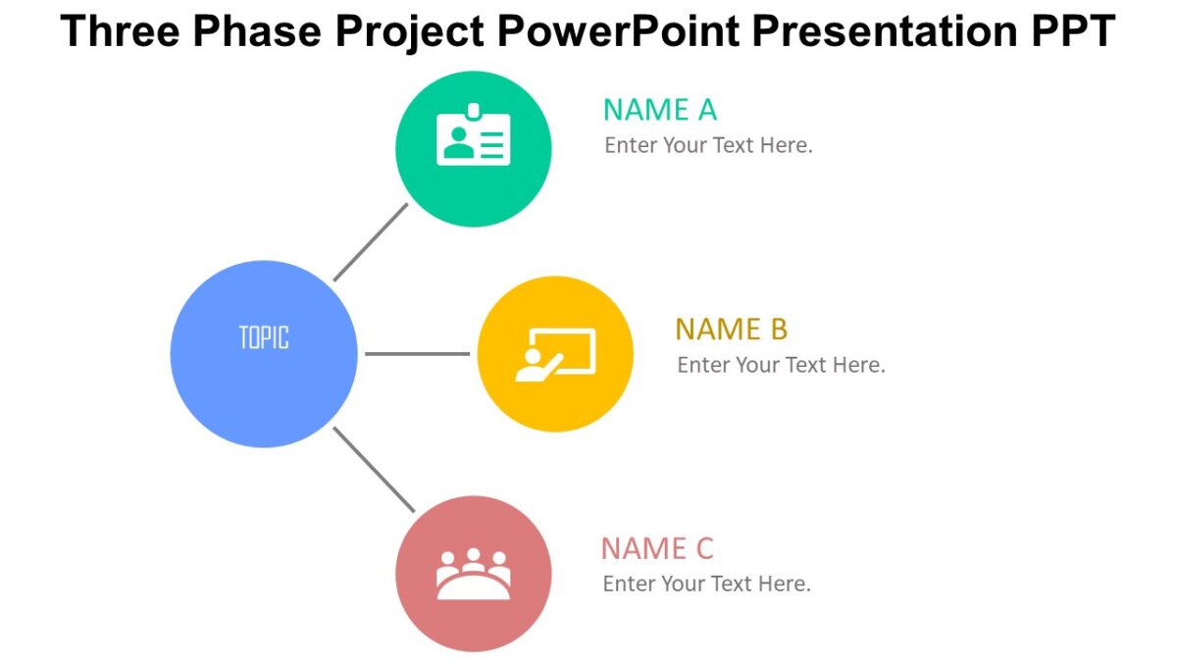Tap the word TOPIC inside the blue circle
(x=264, y=338)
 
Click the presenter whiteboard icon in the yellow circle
(x=555, y=354)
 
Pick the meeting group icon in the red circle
(x=473, y=575)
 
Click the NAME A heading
(x=659, y=110)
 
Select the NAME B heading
(x=731, y=330)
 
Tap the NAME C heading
(x=657, y=548)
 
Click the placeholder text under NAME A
(x=708, y=146)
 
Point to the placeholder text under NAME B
(x=781, y=365)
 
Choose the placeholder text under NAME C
(x=706, y=585)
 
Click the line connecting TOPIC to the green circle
(x=370, y=242)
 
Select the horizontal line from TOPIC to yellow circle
(x=417, y=354)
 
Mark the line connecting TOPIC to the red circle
(x=374, y=470)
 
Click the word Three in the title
(x=120, y=32)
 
